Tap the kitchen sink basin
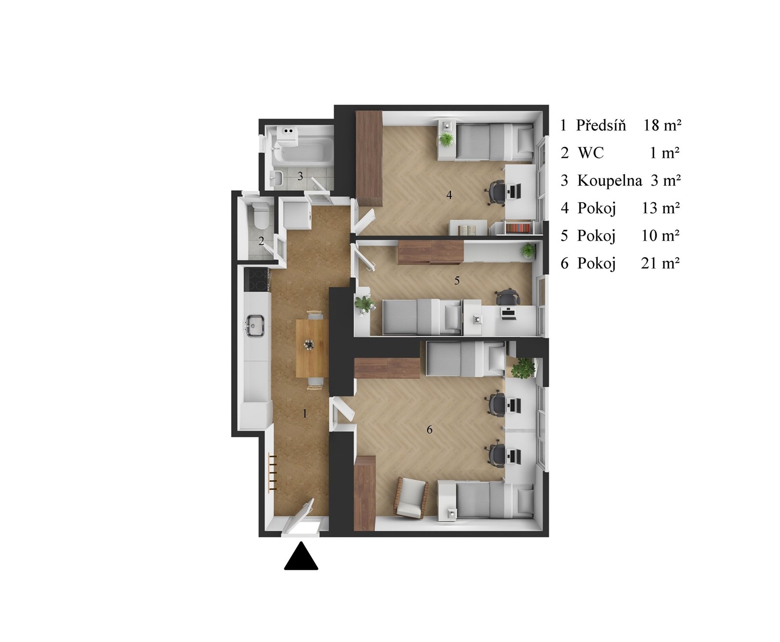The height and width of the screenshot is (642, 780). pyautogui.click(x=255, y=325)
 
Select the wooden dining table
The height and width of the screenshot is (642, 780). pyautogui.click(x=312, y=348)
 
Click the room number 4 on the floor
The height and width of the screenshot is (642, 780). pyautogui.click(x=449, y=195)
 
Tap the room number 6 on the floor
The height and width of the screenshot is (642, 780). pyautogui.click(x=429, y=429)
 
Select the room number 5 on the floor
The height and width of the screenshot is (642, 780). pyautogui.click(x=457, y=281)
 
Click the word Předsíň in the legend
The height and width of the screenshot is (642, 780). pyautogui.click(x=601, y=125)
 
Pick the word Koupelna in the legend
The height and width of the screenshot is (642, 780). pyautogui.click(x=609, y=180)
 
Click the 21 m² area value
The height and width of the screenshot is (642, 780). pyautogui.click(x=660, y=263)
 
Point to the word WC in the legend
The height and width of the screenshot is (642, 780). pyautogui.click(x=591, y=153)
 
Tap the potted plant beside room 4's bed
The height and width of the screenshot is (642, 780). pyautogui.click(x=447, y=140)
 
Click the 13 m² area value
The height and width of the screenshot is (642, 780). pyautogui.click(x=661, y=208)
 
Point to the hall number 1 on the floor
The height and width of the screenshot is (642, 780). pyautogui.click(x=304, y=413)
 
